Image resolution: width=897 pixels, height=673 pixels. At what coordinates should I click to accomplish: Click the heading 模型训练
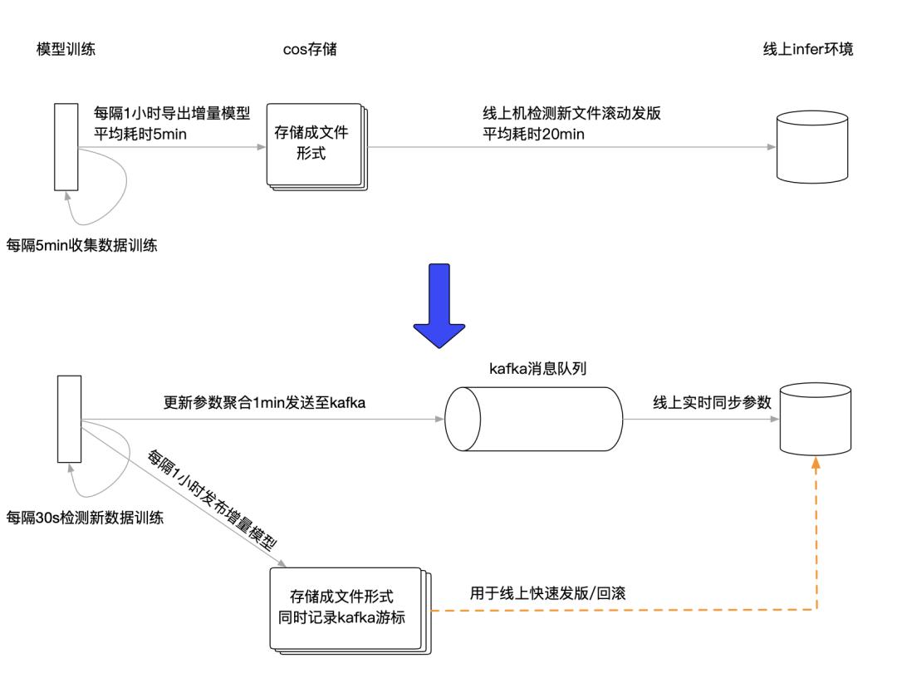click(64, 49)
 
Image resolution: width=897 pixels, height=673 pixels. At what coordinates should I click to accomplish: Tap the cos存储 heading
click(310, 49)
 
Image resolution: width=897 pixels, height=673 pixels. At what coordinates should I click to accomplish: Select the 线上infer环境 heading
click(807, 49)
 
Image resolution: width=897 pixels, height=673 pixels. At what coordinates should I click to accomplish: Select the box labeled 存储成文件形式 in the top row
click(313, 144)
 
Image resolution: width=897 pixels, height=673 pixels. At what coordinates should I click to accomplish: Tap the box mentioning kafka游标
click(341, 607)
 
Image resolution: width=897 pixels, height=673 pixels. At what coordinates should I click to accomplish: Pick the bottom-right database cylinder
click(814, 420)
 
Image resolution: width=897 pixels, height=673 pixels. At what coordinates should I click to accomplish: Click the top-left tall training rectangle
click(66, 147)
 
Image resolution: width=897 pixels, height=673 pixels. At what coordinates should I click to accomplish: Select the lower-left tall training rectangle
click(69, 419)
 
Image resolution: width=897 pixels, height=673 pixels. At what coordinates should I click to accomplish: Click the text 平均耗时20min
click(534, 134)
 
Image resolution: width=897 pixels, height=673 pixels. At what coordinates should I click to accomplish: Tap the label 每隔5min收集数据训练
click(82, 245)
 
